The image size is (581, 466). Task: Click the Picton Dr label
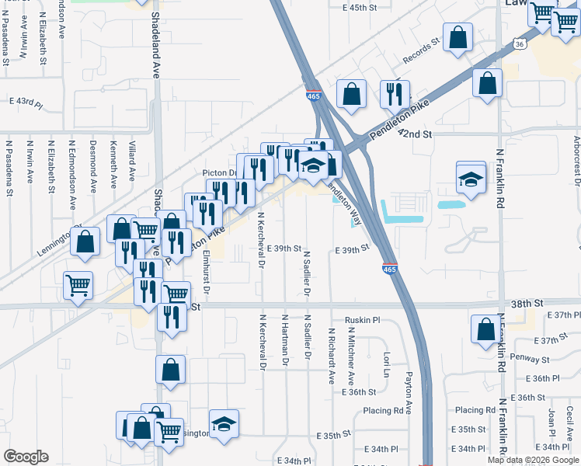[219, 172]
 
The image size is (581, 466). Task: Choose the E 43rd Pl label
[26, 102]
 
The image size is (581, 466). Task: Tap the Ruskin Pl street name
[363, 320]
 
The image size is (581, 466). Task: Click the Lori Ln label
[386, 362]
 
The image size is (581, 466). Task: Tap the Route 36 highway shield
[518, 44]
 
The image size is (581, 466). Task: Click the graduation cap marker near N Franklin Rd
[471, 179]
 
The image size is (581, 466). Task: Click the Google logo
[26, 457]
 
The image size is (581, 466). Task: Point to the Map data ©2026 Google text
[534, 460]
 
